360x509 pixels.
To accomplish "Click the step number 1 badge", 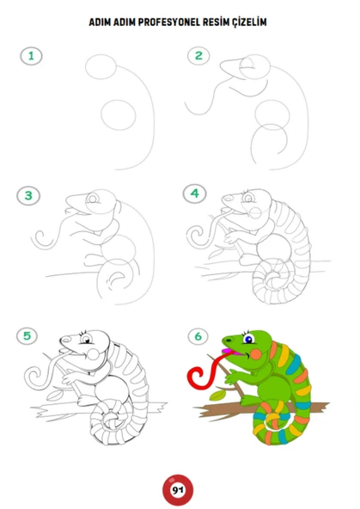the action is pyautogui.click(x=31, y=56).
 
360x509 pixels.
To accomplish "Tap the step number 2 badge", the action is pyautogui.click(x=198, y=56).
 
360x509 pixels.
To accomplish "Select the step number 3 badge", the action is pyautogui.click(x=28, y=196).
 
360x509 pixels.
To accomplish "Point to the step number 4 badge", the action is pyautogui.click(x=194, y=193).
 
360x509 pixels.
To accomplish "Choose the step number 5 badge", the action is pyautogui.click(x=27, y=336).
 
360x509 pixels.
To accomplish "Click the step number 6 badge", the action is pyautogui.click(x=198, y=336).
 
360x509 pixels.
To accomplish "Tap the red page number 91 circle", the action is pyautogui.click(x=178, y=490).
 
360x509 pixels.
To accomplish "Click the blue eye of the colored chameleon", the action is pyautogui.click(x=248, y=340).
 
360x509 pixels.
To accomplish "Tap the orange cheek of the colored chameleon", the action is pyautogui.click(x=256, y=354).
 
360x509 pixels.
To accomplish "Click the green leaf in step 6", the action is pyautogui.click(x=217, y=395).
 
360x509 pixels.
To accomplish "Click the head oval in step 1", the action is pyautogui.click(x=101, y=66).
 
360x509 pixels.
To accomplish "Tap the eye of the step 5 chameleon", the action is pyautogui.click(x=86, y=340).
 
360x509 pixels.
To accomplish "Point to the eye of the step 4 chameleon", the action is pyautogui.click(x=249, y=198).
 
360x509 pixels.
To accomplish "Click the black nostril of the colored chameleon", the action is pyautogui.click(x=229, y=340).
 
